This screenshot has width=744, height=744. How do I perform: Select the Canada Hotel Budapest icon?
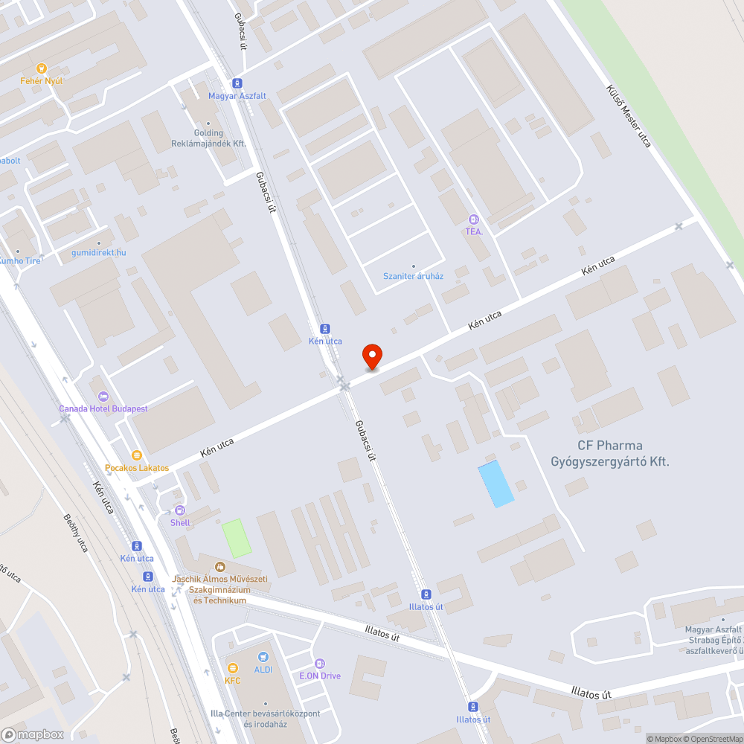103,396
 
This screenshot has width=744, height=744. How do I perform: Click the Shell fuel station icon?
180,510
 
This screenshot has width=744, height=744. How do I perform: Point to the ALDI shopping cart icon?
263,657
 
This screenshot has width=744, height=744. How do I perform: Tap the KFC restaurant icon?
233,667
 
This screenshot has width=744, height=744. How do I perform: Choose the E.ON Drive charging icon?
320,663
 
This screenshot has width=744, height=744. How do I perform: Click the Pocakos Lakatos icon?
136,455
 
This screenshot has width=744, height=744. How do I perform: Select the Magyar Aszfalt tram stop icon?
237,83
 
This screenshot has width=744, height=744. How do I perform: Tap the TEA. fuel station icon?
474,219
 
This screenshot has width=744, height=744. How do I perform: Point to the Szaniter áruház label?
413,276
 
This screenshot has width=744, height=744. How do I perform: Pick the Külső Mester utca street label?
629,115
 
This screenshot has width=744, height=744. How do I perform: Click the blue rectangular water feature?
496,484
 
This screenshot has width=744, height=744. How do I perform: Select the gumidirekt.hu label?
98,252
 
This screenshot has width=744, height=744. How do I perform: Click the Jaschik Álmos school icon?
220,567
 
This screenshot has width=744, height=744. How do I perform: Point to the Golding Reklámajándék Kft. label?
208,138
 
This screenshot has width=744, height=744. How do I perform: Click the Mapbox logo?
33,734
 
